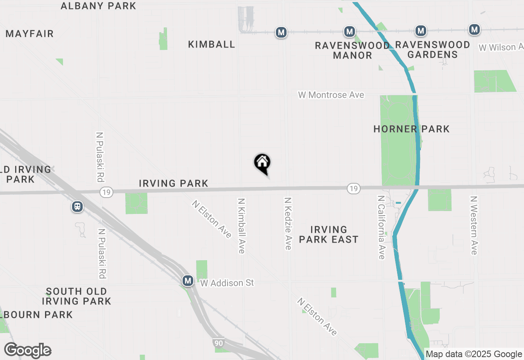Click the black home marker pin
(x=262, y=163)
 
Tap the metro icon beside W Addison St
(x=188, y=281)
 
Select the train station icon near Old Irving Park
(x=77, y=207)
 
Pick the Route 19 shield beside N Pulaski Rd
(x=106, y=191)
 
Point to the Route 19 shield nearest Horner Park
(x=354, y=188)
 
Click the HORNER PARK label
(x=411, y=129)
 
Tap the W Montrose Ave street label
(x=331, y=95)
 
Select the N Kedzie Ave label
(x=288, y=224)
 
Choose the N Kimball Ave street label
(x=242, y=226)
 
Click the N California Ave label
(x=382, y=227)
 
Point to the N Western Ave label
(x=474, y=225)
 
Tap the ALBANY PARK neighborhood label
(x=98, y=6)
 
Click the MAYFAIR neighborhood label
(x=30, y=34)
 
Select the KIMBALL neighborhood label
(x=212, y=45)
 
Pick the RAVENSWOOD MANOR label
(x=352, y=50)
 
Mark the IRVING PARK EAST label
(x=329, y=234)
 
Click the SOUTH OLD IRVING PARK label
(x=77, y=296)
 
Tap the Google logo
(x=28, y=350)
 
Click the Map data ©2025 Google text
(x=474, y=354)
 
